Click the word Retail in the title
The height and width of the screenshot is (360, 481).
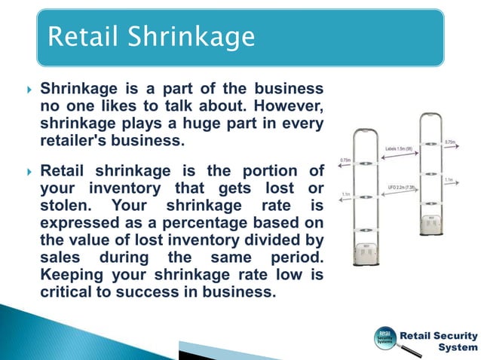pyautogui.click(x=81, y=35)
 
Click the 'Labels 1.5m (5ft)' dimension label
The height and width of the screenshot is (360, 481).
pyautogui.click(x=399, y=149)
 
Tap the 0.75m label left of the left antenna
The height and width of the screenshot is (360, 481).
pyautogui.click(x=345, y=160)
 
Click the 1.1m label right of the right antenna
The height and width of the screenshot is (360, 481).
pyautogui.click(x=449, y=179)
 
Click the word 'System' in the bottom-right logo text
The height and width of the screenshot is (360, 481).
pyautogui.click(x=458, y=347)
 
